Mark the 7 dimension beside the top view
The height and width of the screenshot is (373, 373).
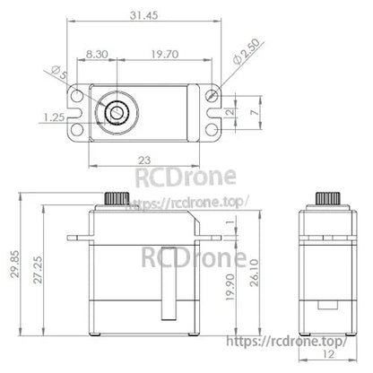click(256, 114)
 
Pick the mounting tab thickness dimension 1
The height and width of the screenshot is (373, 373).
click(230, 222)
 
